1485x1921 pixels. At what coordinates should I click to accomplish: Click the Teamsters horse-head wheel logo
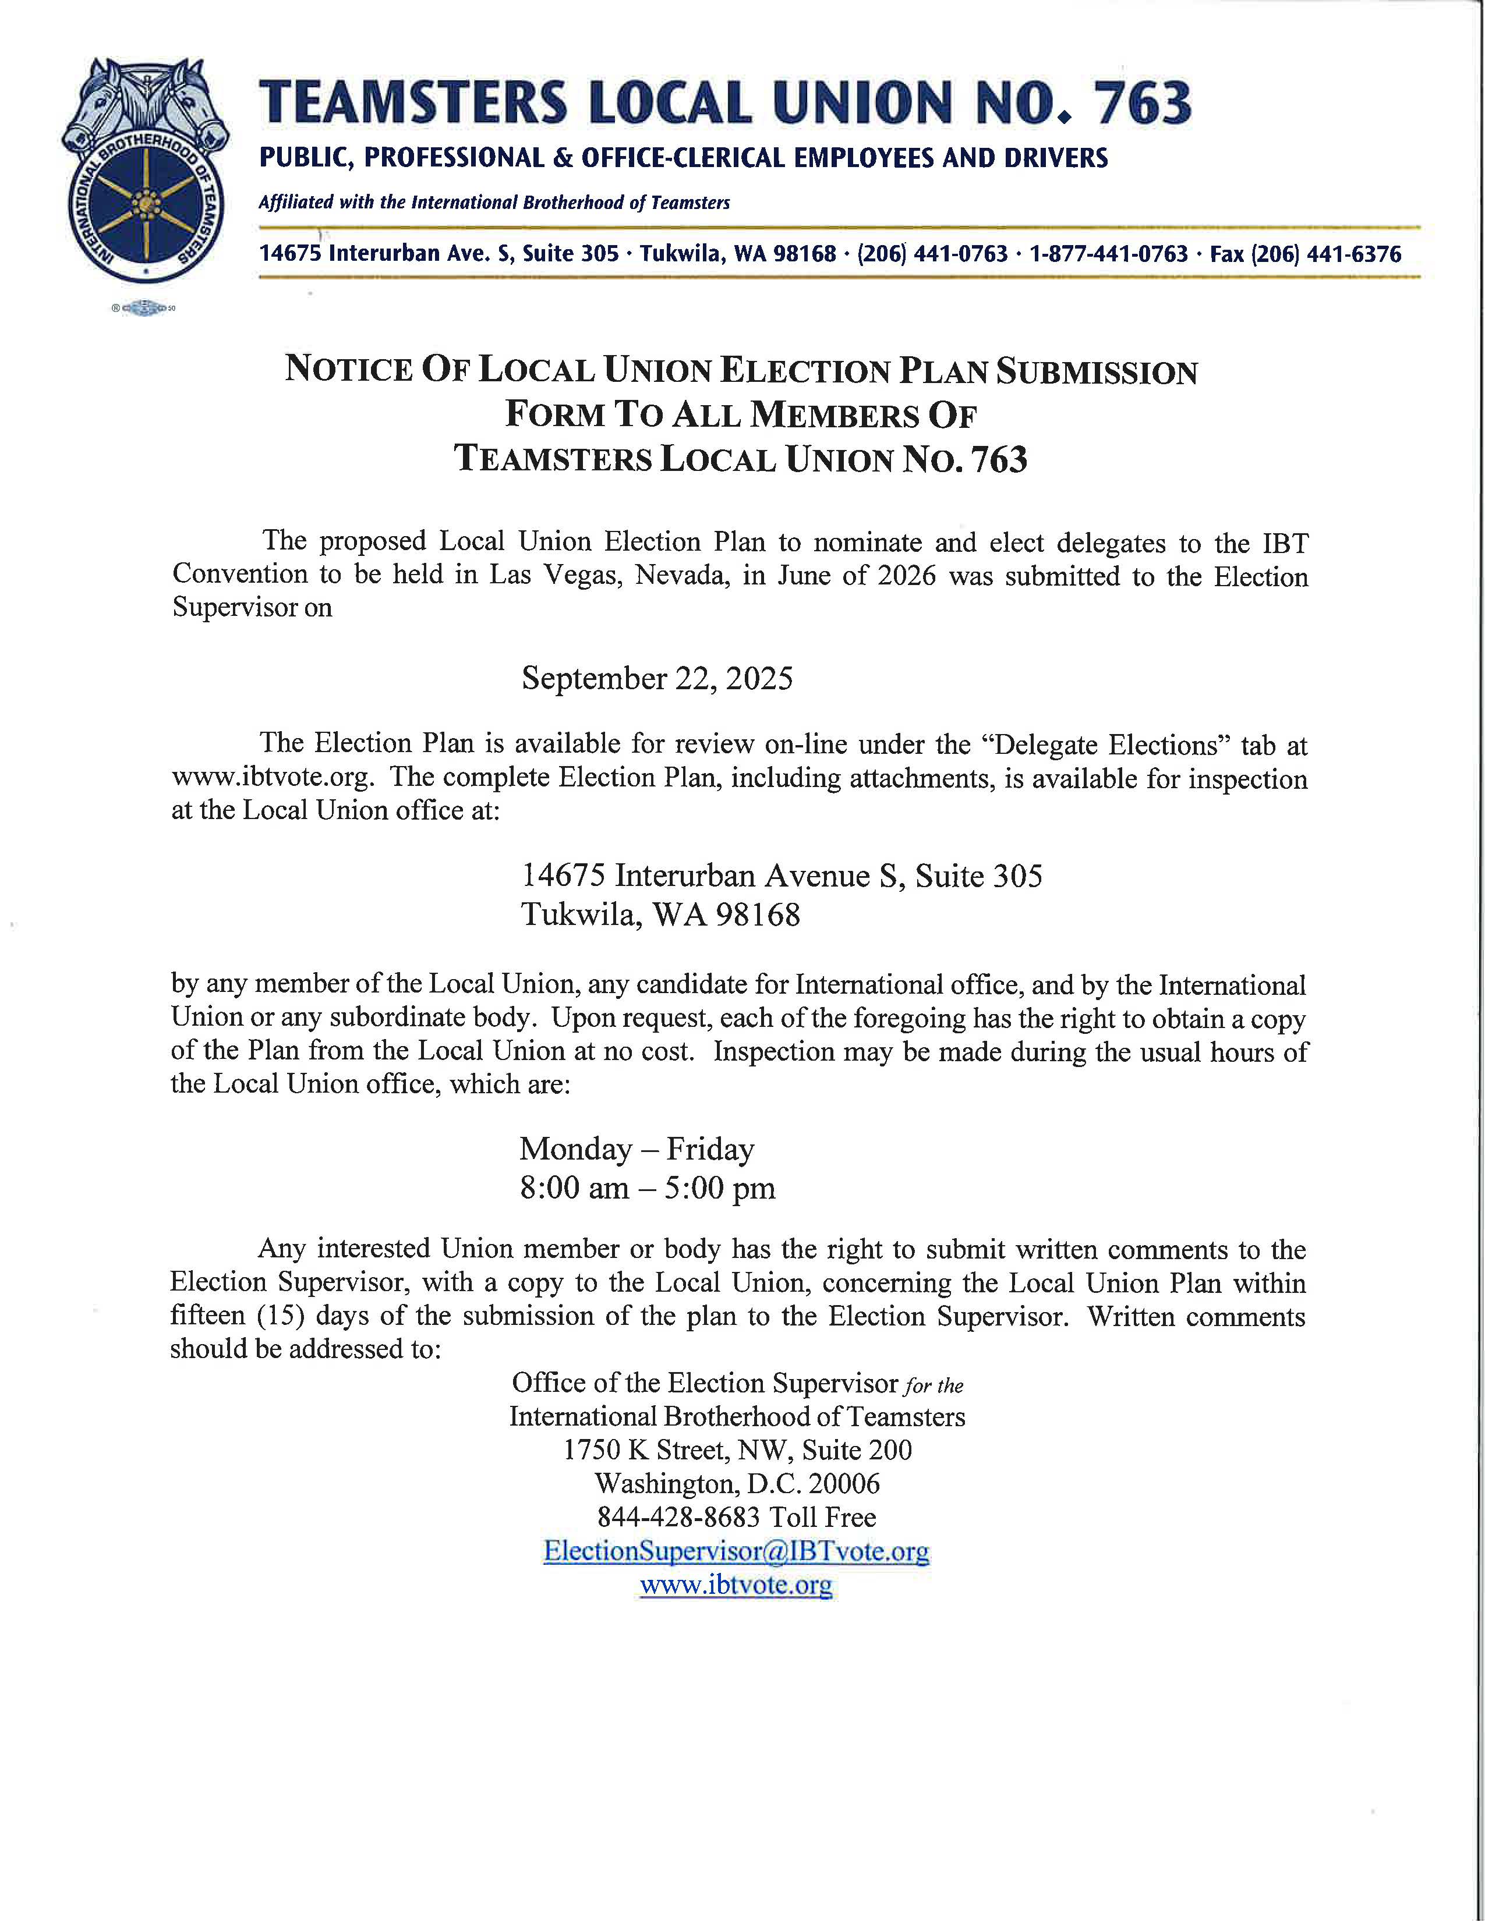tap(145, 172)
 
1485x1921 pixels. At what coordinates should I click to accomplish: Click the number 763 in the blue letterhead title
tap(1142, 104)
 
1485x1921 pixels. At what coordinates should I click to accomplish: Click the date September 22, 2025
tap(656, 679)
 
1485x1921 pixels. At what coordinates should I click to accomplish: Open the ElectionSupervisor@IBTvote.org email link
tap(736, 1551)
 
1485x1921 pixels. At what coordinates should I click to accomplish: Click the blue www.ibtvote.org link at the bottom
tap(736, 1585)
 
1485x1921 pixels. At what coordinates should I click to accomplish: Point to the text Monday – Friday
tap(636, 1149)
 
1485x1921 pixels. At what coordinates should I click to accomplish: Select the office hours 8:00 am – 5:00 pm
tap(646, 1188)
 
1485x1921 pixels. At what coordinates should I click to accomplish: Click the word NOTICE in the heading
tap(348, 370)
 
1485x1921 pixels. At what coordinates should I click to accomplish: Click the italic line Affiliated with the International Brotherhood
tap(493, 203)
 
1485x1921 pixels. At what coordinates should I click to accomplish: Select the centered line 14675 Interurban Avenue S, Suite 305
tap(781, 876)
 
